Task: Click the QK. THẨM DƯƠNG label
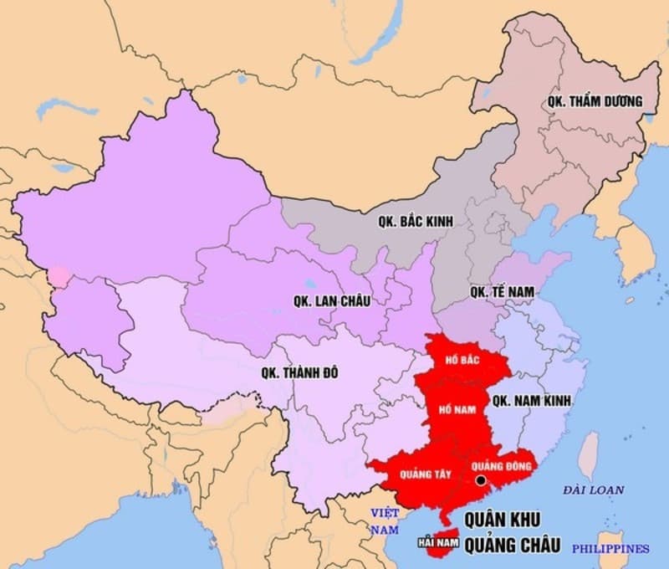(595, 101)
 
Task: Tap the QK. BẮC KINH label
(414, 222)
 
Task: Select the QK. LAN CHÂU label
(332, 300)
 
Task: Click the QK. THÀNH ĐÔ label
(299, 373)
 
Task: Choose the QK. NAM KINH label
(532, 401)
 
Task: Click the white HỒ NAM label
(457, 409)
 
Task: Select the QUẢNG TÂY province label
(425, 474)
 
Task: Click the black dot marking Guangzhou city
(481, 480)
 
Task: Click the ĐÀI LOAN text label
(594, 490)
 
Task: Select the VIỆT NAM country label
(386, 520)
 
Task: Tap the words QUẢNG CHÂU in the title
(512, 545)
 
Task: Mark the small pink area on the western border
(59, 276)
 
